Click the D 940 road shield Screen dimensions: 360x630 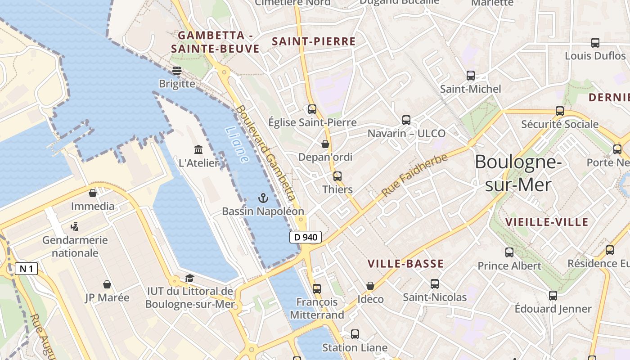[x=306, y=237]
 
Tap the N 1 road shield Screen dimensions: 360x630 [x=26, y=269]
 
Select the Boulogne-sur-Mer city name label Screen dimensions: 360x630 [x=518, y=173]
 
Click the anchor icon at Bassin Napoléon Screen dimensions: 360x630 [x=263, y=198]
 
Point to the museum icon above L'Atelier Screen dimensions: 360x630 [x=198, y=149]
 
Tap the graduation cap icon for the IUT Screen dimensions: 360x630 [x=189, y=278]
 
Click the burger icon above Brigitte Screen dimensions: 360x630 [x=177, y=71]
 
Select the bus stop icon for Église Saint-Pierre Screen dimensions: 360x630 [x=312, y=109]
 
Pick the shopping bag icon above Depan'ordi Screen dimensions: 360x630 [x=325, y=144]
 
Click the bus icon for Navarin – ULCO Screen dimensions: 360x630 [x=406, y=120]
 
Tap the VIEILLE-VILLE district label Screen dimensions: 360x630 [x=547, y=222]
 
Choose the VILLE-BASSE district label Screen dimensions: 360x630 [x=405, y=264]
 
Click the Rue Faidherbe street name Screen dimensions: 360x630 [x=414, y=175]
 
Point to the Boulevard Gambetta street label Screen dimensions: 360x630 [x=265, y=153]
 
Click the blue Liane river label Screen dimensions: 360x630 [x=237, y=144]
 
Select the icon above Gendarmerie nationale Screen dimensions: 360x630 [x=75, y=226]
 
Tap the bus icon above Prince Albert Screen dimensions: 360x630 [x=509, y=252]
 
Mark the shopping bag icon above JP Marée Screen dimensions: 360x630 [x=107, y=284]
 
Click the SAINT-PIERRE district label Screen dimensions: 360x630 [x=314, y=41]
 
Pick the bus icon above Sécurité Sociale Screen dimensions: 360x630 [x=559, y=111]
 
